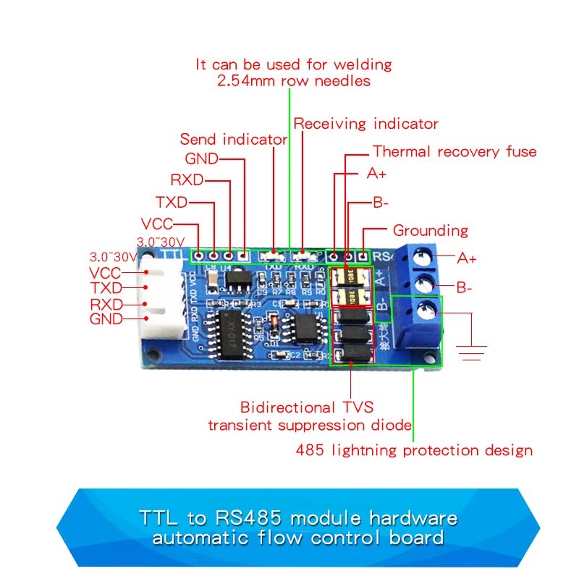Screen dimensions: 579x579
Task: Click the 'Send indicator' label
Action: pyautogui.click(x=233, y=139)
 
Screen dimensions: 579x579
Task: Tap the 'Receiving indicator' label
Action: pyautogui.click(x=365, y=124)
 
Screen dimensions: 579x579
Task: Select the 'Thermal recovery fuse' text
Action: pyautogui.click(x=455, y=152)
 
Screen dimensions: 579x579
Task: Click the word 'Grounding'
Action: pyautogui.click(x=430, y=231)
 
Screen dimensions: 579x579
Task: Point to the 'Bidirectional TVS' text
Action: pyautogui.click(x=307, y=408)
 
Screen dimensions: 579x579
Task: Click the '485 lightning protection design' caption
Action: pyautogui.click(x=414, y=450)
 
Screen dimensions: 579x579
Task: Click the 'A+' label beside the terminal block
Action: pyautogui.click(x=467, y=258)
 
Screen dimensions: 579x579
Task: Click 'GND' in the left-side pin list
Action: pyautogui.click(x=106, y=319)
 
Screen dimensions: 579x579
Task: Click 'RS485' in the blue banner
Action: pyautogui.click(x=251, y=519)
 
